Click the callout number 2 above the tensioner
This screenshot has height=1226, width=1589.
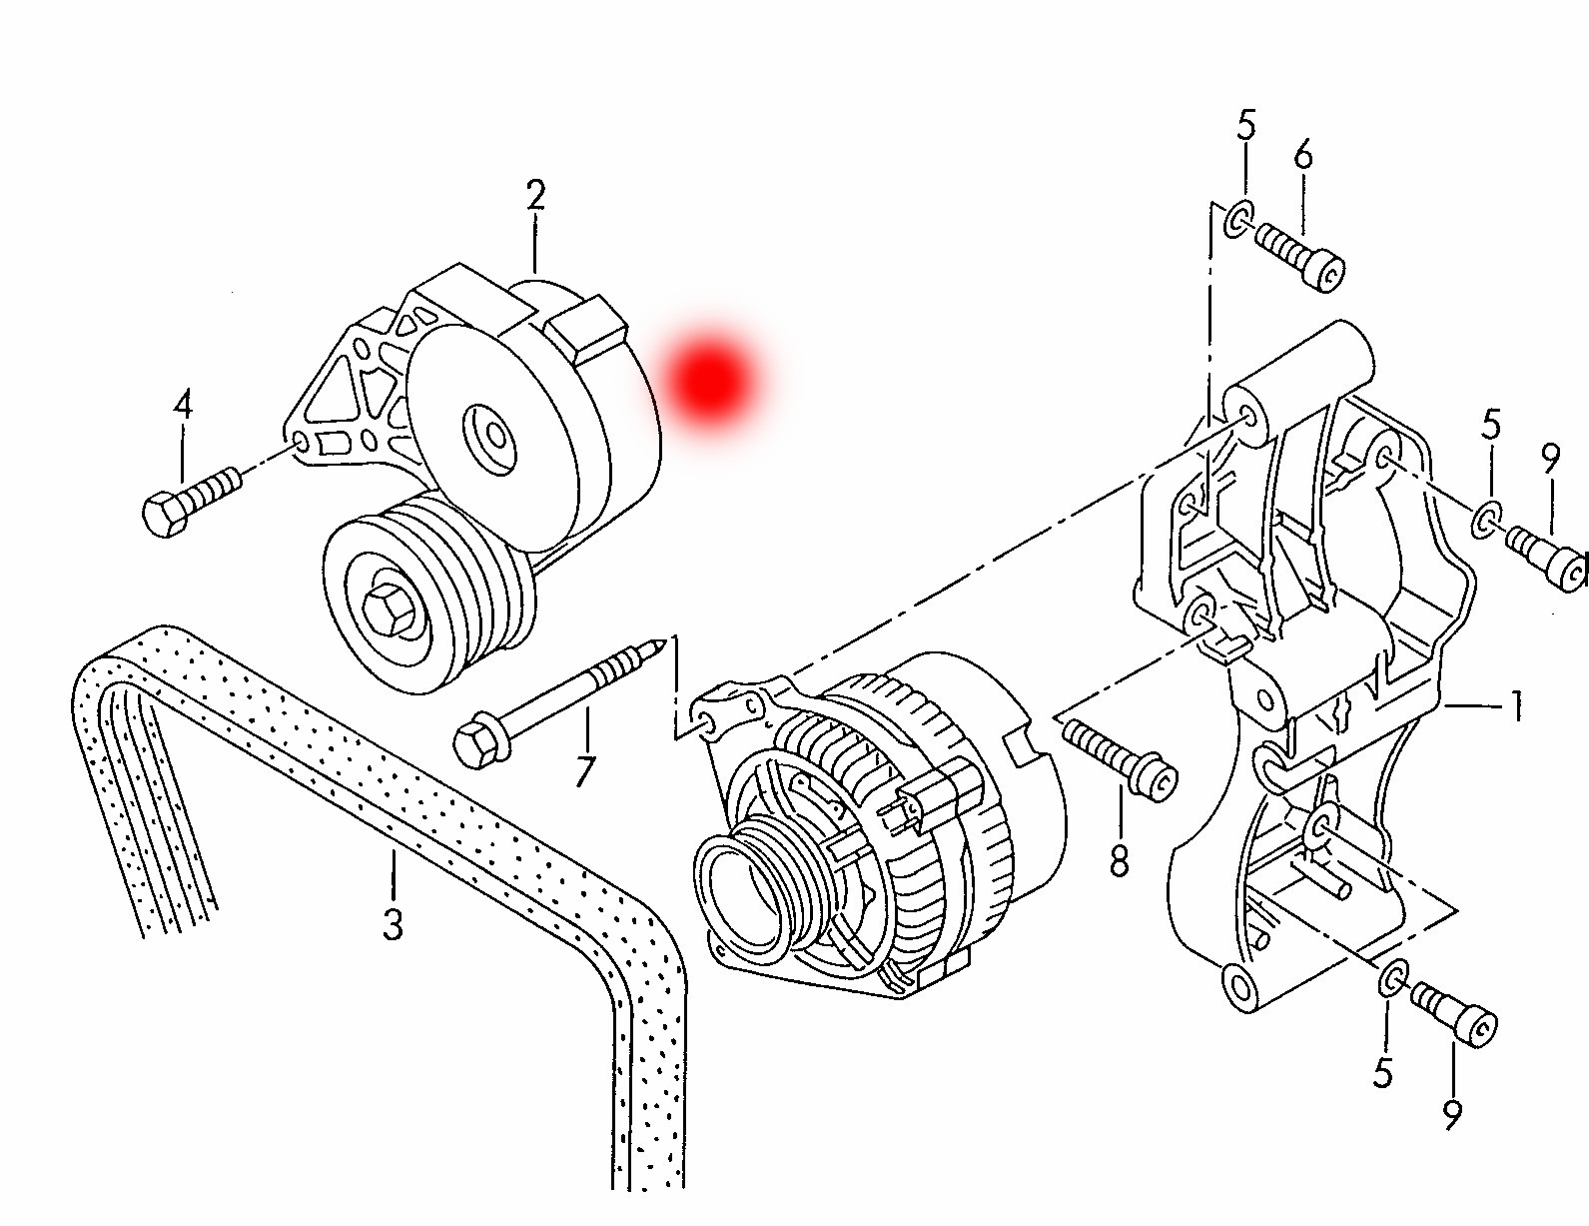535,195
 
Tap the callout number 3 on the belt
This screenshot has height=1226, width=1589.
394,923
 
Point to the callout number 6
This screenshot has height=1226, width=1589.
1303,156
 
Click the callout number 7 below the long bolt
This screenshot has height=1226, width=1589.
584,770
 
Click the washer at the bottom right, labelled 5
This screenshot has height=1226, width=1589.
1392,978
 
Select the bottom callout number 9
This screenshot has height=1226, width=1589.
1452,1114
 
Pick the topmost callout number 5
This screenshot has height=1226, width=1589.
1246,125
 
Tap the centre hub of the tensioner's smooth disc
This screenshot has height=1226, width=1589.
491,437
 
